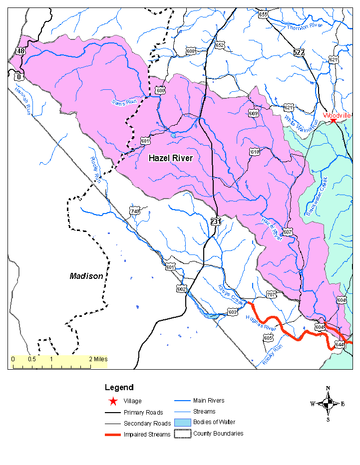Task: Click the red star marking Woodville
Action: pos(333,120)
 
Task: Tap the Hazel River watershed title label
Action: pos(171,158)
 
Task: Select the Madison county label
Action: pos(86,276)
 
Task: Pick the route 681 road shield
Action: pos(145,141)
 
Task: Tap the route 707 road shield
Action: pos(271,294)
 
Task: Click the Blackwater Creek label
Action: pos(316,197)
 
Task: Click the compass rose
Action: pos(328,403)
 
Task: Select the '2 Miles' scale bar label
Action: pos(98,359)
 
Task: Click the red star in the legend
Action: pos(113,401)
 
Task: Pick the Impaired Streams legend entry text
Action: pos(147,435)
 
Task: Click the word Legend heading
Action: pos(119,387)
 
